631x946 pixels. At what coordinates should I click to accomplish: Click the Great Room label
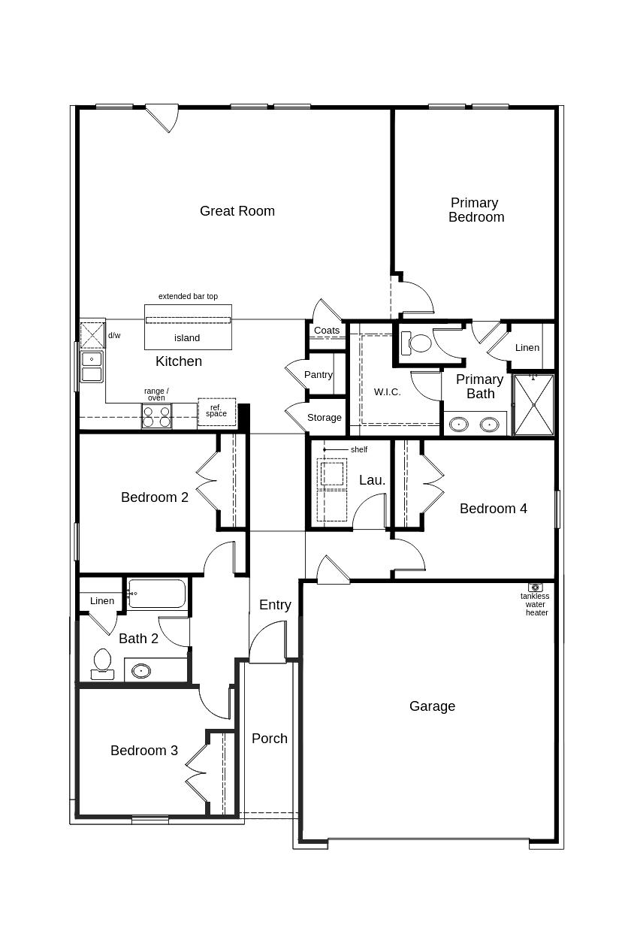(x=237, y=211)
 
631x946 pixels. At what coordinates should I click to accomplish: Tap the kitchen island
(x=188, y=328)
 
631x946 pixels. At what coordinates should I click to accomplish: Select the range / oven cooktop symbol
(x=156, y=416)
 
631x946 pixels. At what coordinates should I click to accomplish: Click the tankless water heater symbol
(x=535, y=587)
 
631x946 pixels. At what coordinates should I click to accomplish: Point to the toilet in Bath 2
(x=102, y=663)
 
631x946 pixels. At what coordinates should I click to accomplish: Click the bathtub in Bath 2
(x=157, y=594)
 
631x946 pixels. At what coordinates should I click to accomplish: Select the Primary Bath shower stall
(x=534, y=405)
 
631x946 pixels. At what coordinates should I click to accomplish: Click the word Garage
(x=432, y=706)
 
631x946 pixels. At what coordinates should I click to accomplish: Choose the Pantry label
(x=319, y=375)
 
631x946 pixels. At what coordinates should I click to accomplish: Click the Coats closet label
(x=327, y=331)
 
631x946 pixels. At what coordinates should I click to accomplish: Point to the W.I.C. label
(x=388, y=392)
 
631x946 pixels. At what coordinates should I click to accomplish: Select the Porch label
(x=270, y=739)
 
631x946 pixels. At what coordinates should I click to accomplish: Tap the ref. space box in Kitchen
(x=216, y=411)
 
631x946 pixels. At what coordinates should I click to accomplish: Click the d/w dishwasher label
(x=114, y=336)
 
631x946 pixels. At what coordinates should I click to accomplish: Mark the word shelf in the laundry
(x=359, y=450)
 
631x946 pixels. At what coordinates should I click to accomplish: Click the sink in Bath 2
(x=141, y=670)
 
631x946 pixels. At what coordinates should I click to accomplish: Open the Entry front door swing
(x=267, y=645)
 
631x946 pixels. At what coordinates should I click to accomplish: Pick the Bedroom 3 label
(x=144, y=751)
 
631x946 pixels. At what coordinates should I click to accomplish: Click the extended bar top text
(x=188, y=297)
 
